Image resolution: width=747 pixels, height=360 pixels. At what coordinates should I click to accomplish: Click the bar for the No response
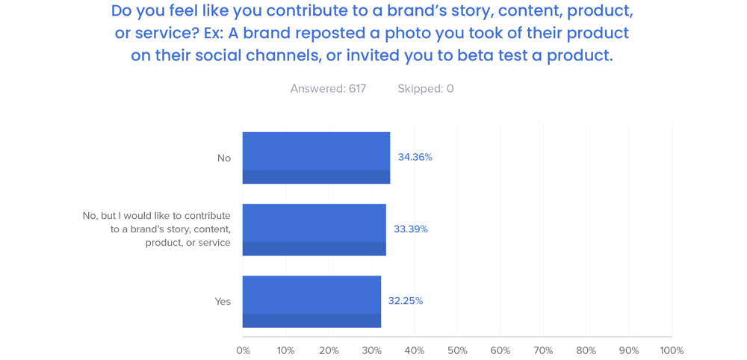316,158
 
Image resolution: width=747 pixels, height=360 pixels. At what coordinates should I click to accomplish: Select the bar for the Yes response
311,301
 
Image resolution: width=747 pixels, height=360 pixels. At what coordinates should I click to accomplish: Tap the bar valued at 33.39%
314,229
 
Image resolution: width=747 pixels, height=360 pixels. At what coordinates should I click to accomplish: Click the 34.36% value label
415,157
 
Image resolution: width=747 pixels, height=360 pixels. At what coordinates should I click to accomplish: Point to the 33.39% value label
411,229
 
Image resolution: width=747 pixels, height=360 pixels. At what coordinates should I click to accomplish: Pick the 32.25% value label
406,301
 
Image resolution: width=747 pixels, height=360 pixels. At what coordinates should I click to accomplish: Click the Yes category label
223,302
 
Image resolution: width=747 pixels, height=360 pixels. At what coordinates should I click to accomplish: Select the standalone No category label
224,158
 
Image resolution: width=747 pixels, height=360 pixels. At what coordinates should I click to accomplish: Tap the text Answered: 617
328,89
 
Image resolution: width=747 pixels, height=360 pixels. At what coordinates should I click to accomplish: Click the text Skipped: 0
426,89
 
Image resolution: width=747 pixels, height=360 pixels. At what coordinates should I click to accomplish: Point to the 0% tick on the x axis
243,350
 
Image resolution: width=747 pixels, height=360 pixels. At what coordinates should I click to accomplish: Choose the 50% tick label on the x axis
457,350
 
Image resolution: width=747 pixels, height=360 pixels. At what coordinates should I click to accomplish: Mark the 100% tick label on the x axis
672,350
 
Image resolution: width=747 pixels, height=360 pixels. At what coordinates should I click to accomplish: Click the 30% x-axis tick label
371,350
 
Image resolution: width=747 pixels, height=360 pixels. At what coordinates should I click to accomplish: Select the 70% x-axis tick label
543,350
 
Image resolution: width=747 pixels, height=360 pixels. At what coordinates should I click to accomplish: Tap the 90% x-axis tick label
629,350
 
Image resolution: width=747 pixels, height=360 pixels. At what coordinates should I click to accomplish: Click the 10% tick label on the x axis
285,350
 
